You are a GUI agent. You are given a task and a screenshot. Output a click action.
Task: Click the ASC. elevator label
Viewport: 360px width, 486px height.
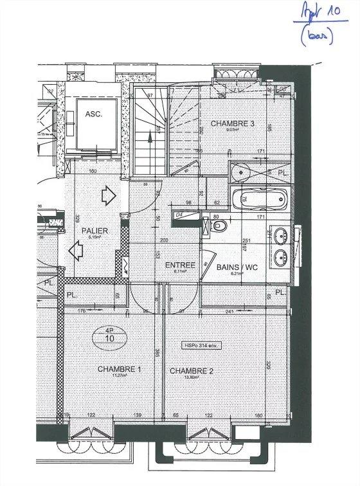94,114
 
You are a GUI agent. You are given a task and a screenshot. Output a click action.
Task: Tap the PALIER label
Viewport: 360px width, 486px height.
94,230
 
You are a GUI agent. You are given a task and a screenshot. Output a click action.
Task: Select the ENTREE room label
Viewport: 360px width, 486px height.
179,265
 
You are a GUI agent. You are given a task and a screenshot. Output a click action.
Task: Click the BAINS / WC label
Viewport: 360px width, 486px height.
238,267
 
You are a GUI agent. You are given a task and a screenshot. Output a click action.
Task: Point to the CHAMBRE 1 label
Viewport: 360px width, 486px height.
119,370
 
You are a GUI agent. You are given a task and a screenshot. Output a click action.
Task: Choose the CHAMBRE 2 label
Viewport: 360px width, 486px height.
191,371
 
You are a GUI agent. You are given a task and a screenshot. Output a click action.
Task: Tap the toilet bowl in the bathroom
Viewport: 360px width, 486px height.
219,226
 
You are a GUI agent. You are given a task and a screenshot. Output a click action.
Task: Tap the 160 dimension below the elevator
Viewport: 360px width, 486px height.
93,172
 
